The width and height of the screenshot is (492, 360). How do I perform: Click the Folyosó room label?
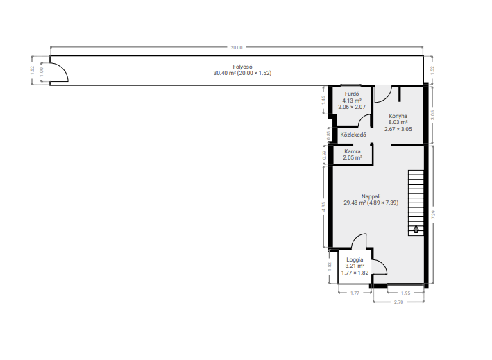click(x=242, y=67)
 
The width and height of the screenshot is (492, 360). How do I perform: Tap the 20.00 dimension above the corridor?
click(x=237, y=48)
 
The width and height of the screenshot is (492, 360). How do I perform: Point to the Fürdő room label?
click(x=352, y=94)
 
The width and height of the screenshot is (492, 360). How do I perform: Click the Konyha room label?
click(x=398, y=116)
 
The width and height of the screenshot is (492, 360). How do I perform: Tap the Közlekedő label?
click(x=353, y=135)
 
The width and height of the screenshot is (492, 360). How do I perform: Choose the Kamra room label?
click(x=353, y=151)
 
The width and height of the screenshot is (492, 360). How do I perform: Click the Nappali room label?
click(x=371, y=196)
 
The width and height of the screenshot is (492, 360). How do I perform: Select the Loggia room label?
click(x=355, y=259)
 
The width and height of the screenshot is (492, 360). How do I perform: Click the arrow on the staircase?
click(x=416, y=229)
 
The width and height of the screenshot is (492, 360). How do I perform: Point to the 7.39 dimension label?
click(x=433, y=214)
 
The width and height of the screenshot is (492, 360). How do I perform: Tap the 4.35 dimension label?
click(x=324, y=207)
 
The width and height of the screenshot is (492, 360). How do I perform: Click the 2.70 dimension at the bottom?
click(x=398, y=302)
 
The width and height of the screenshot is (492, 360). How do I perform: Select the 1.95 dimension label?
click(x=406, y=293)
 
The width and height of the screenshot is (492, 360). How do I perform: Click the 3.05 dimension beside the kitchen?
click(x=433, y=115)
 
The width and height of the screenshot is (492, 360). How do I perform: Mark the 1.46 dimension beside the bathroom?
click(x=324, y=100)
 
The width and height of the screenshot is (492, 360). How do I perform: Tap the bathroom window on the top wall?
click(x=351, y=85)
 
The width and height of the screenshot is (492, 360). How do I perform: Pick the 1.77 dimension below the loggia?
click(x=355, y=293)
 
